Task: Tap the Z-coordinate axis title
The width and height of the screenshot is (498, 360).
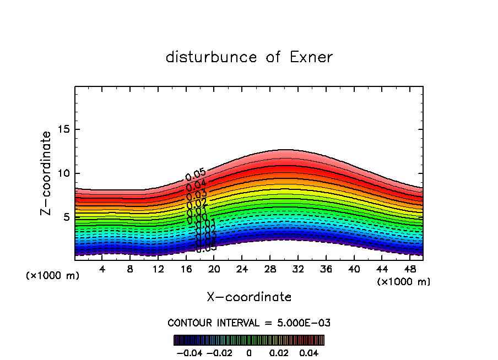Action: tap(46, 173)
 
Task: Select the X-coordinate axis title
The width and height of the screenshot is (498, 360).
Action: tap(249, 297)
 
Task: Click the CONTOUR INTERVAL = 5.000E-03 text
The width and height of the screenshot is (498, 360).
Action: tap(249, 323)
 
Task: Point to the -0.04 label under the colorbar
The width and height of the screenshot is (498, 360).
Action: tap(189, 352)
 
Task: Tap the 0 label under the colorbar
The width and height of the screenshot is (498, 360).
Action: tap(249, 352)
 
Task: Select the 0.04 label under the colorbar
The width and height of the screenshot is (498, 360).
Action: tap(309, 352)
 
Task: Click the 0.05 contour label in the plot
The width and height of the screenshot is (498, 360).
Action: tap(196, 176)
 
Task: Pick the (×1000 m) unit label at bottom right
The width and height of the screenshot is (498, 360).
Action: tap(404, 282)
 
